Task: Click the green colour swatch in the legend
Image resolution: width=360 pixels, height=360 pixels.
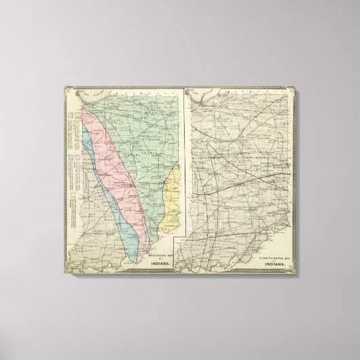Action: click(70, 114)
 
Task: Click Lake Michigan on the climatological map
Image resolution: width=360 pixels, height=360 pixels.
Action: click(204, 95)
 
